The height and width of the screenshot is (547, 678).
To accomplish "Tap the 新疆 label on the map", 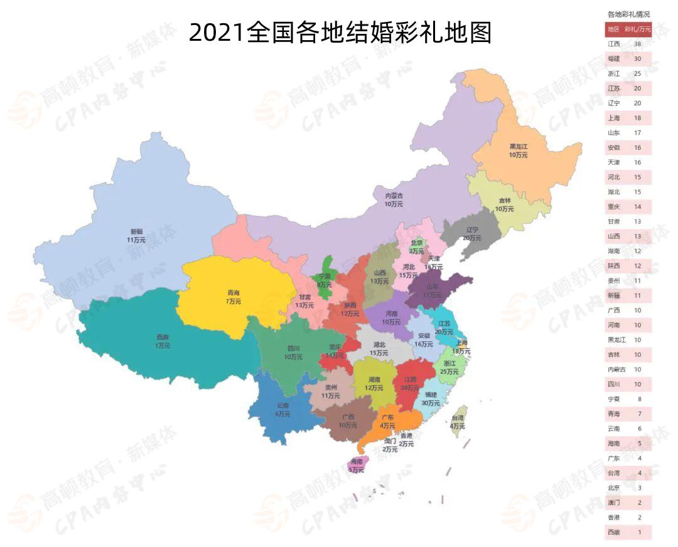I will (x=136, y=235).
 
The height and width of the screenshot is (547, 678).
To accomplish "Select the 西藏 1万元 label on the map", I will (x=163, y=341).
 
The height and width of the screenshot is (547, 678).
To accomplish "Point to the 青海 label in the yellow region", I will (x=233, y=296).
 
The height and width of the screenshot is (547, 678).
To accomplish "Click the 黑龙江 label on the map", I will (x=519, y=150).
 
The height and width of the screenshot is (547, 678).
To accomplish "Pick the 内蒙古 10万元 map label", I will (x=394, y=199).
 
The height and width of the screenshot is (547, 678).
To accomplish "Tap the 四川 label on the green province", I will (x=293, y=352).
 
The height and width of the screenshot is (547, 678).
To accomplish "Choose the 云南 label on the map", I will (x=282, y=410).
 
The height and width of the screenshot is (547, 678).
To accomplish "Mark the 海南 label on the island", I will (x=357, y=465).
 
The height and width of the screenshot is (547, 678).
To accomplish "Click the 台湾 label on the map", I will (x=458, y=422).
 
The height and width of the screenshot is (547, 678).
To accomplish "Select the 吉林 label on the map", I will (x=504, y=204).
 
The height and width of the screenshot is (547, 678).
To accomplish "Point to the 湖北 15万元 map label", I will (x=379, y=349).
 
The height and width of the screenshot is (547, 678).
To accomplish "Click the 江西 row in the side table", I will (x=613, y=44).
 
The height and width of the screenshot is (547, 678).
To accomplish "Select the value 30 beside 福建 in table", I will (x=638, y=58).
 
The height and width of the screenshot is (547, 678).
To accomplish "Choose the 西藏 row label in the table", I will (x=613, y=532).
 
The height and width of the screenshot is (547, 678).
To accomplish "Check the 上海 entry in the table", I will (x=613, y=118).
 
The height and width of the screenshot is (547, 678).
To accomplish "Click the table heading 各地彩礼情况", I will (x=628, y=14).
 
